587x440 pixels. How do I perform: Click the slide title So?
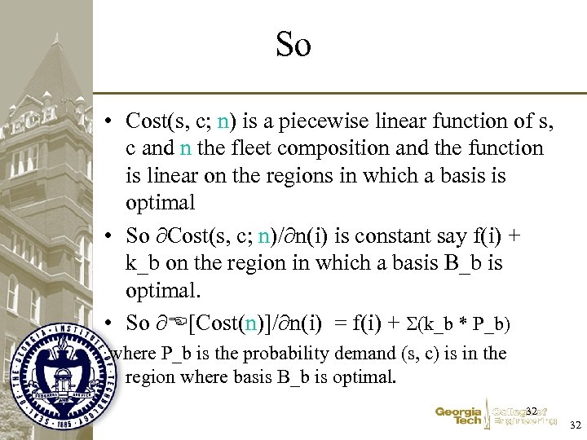(293, 45)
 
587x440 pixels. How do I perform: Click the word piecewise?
(315, 121)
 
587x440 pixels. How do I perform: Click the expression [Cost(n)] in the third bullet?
(237, 323)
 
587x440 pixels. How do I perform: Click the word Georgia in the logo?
(458, 411)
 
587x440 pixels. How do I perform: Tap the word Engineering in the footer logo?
(525, 422)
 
